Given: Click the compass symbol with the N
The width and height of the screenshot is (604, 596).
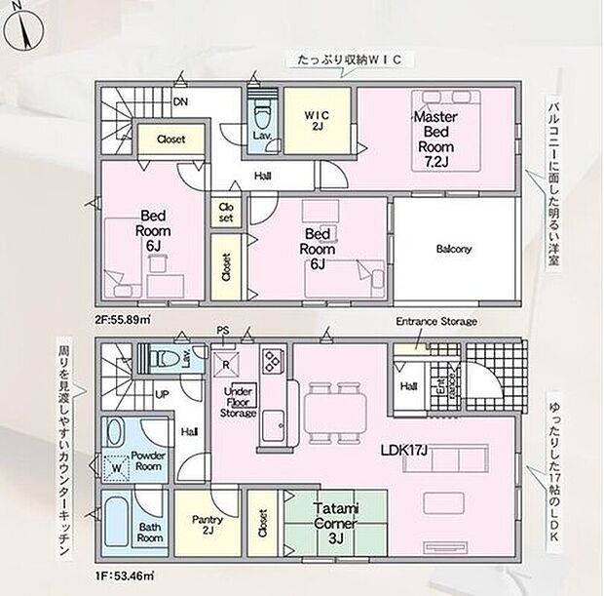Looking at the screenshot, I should (x=22, y=28).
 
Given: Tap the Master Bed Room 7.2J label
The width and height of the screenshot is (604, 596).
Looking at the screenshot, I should (x=431, y=139).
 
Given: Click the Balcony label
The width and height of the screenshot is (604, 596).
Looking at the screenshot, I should (x=453, y=249).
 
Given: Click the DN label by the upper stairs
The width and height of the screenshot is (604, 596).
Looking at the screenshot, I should (x=180, y=100).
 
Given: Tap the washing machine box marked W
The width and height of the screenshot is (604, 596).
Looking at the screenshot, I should (x=117, y=466).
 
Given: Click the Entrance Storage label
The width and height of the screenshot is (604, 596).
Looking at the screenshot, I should (x=434, y=322).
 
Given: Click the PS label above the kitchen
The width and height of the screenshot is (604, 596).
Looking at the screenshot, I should (x=222, y=331).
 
